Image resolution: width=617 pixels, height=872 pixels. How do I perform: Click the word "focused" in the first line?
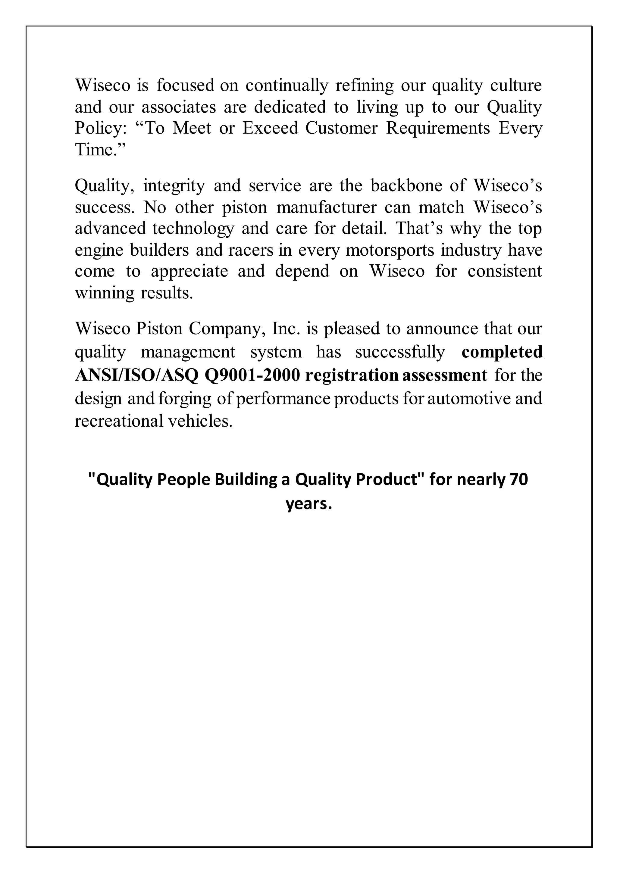click(185, 85)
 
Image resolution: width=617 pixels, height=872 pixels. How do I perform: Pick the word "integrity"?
click(174, 186)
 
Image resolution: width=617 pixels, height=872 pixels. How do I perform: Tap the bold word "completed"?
click(502, 352)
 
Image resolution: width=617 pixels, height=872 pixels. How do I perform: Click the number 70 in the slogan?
click(519, 480)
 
